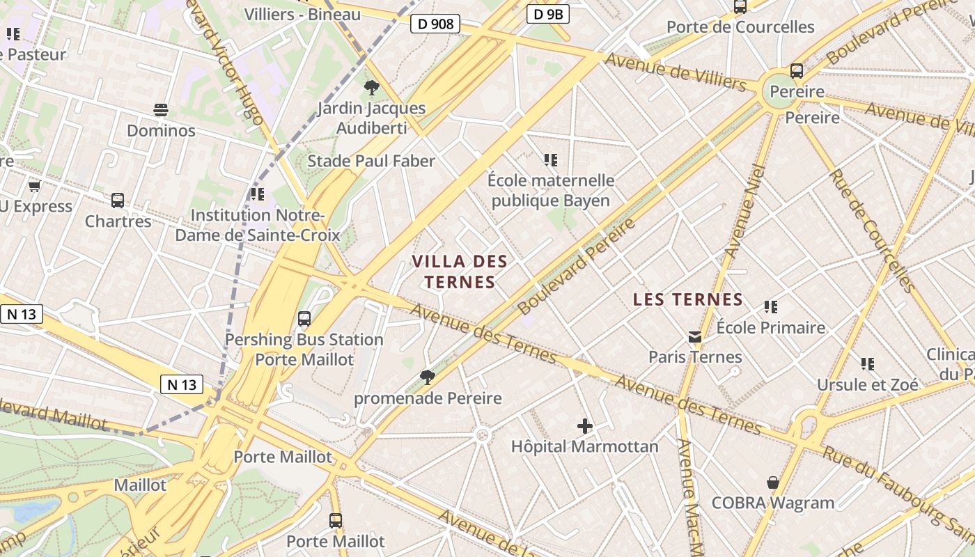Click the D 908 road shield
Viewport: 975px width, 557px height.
tap(436, 24)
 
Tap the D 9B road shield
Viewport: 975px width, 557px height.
tap(548, 13)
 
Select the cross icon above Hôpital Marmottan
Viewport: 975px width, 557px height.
tap(585, 425)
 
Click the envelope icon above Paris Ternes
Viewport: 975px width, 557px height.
tap(695, 337)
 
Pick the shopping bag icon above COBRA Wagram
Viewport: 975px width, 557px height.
tap(772, 483)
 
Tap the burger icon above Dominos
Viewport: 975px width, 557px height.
tap(161, 110)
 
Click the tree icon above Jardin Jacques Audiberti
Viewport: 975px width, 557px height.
tap(371, 88)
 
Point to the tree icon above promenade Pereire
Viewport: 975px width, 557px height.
tap(428, 377)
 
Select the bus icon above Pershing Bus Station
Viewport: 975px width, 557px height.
tap(304, 319)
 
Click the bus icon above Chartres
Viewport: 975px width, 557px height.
tap(118, 201)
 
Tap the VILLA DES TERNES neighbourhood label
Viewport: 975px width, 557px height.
tap(460, 272)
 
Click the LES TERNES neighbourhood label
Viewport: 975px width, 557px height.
tap(688, 300)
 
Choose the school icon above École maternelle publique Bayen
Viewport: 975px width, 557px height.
tap(551, 160)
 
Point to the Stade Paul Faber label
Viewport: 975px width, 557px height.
tap(371, 161)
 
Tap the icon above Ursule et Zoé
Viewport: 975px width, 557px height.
tap(867, 363)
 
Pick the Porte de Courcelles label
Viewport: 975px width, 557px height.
tap(740, 27)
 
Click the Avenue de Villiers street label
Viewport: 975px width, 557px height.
tap(675, 72)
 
